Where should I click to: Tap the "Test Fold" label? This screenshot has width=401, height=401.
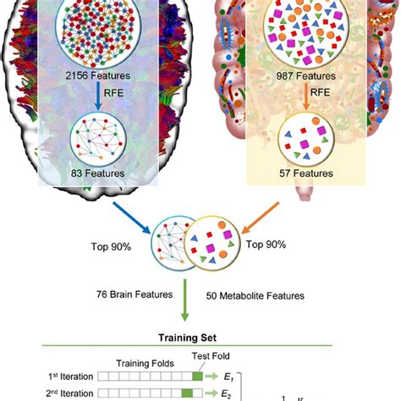point(214,356)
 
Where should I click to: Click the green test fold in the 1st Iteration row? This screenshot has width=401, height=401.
point(199,372)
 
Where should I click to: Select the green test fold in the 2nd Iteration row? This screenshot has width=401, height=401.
point(188,393)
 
